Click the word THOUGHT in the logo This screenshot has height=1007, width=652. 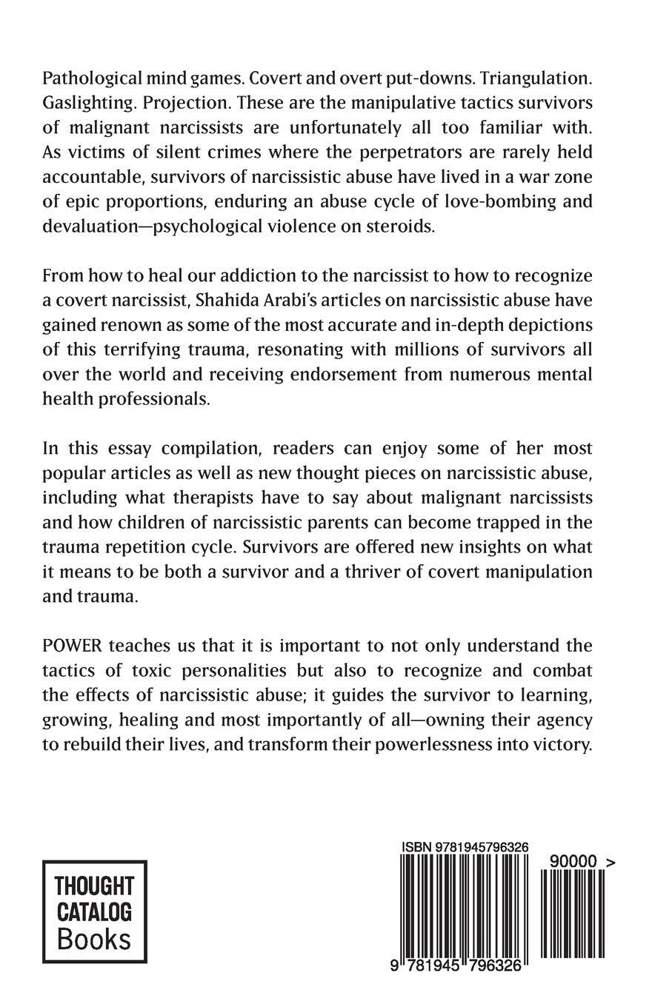tap(95, 886)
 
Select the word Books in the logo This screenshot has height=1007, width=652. tap(94, 940)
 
